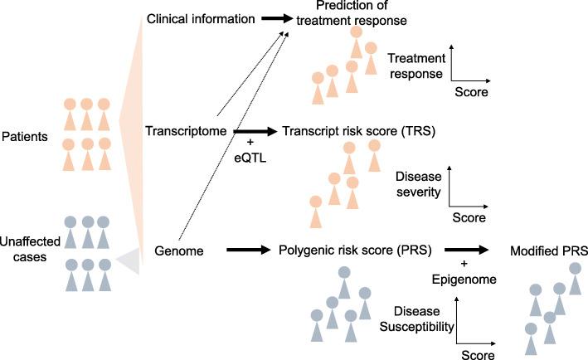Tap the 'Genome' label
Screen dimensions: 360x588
(177, 249)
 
